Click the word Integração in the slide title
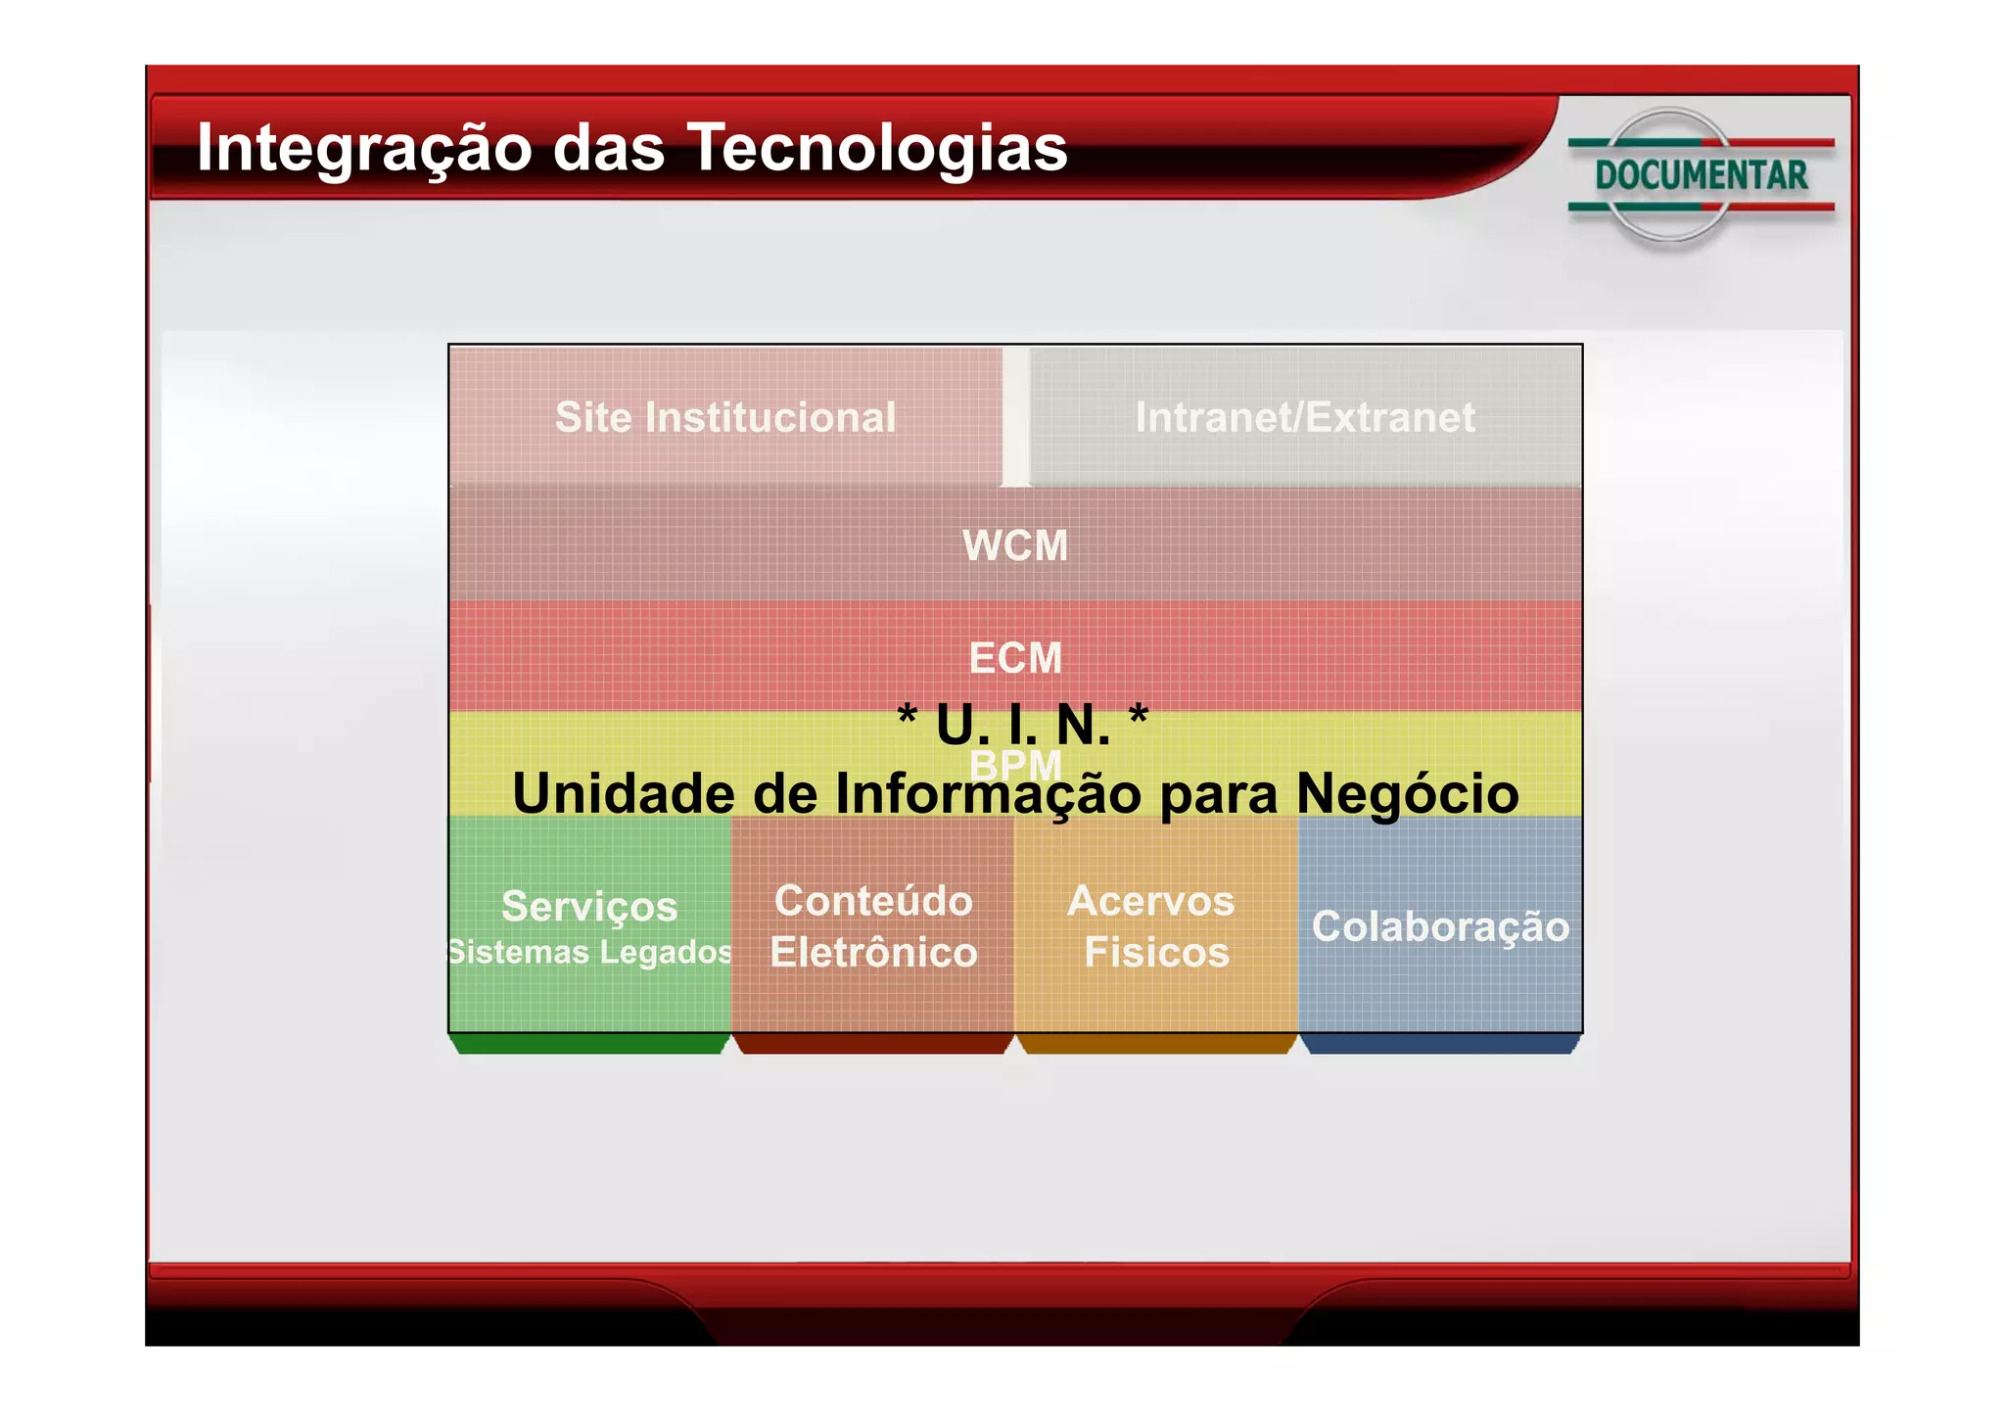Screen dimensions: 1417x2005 point(364,149)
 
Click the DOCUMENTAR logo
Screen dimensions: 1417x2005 point(1701,176)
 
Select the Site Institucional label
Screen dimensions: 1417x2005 point(725,417)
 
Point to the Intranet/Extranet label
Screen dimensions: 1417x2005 point(1304,417)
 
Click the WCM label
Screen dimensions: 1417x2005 point(1015,545)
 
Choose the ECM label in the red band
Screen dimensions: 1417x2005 point(1015,658)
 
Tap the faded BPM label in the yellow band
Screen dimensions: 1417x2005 point(1015,765)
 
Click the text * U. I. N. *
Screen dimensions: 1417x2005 point(1022,725)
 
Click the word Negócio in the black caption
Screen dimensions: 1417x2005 point(1407,793)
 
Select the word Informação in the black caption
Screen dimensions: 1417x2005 point(988,793)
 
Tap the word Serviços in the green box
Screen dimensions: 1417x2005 point(589,906)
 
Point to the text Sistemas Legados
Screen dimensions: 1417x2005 point(589,952)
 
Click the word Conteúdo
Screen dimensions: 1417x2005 point(873,901)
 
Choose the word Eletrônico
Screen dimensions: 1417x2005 point(873,952)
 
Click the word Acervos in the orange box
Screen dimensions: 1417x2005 point(1150,901)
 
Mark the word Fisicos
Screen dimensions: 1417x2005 point(1156,952)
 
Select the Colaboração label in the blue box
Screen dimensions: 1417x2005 point(1440,926)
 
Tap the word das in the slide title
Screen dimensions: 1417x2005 point(608,149)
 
